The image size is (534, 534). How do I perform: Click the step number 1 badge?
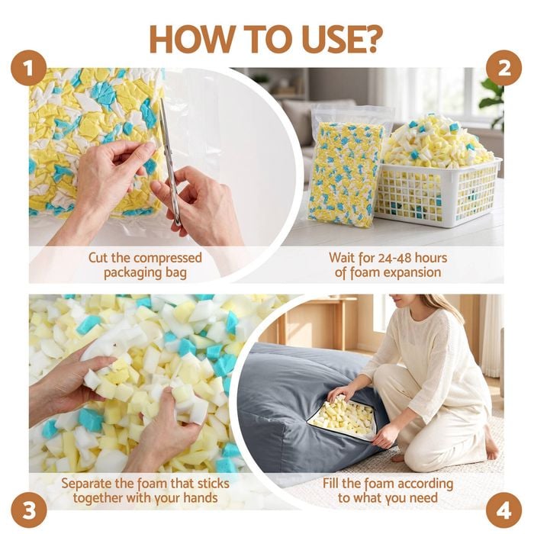tap(29, 69)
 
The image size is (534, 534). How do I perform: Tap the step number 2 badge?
tap(503, 69)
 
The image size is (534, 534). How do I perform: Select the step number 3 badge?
tap(29, 510)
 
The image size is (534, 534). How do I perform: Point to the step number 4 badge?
tap(503, 510)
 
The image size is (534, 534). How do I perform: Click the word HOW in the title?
tap(189, 39)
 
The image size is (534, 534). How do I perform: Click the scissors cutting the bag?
tap(169, 160)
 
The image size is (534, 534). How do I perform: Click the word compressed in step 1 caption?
tap(168, 258)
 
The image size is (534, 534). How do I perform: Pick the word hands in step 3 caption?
tap(200, 497)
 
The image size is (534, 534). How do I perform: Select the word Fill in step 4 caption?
tap(331, 483)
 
